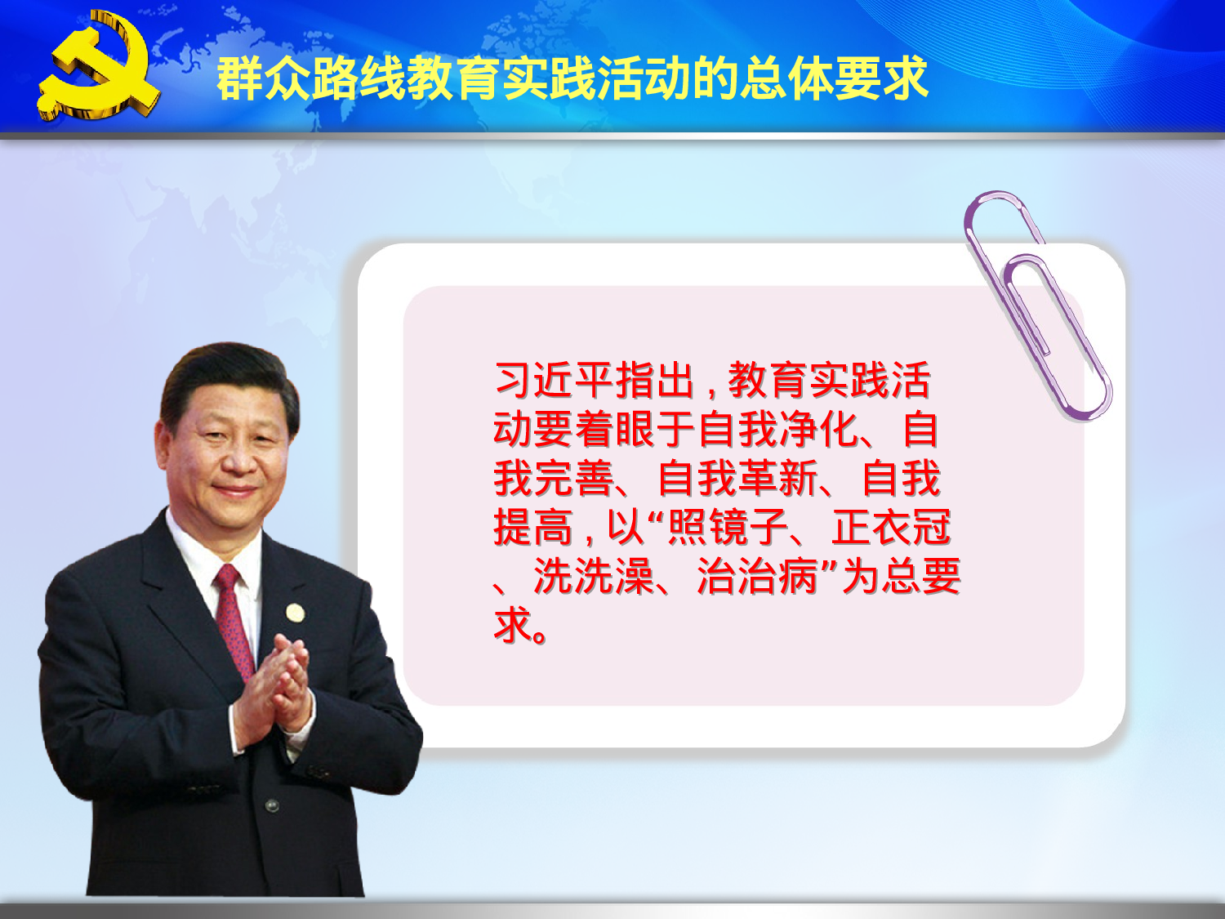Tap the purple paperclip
pos(1037,306)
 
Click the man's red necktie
pos(234,621)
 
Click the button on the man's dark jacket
pos(272,805)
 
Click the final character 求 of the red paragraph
pos(513,626)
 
